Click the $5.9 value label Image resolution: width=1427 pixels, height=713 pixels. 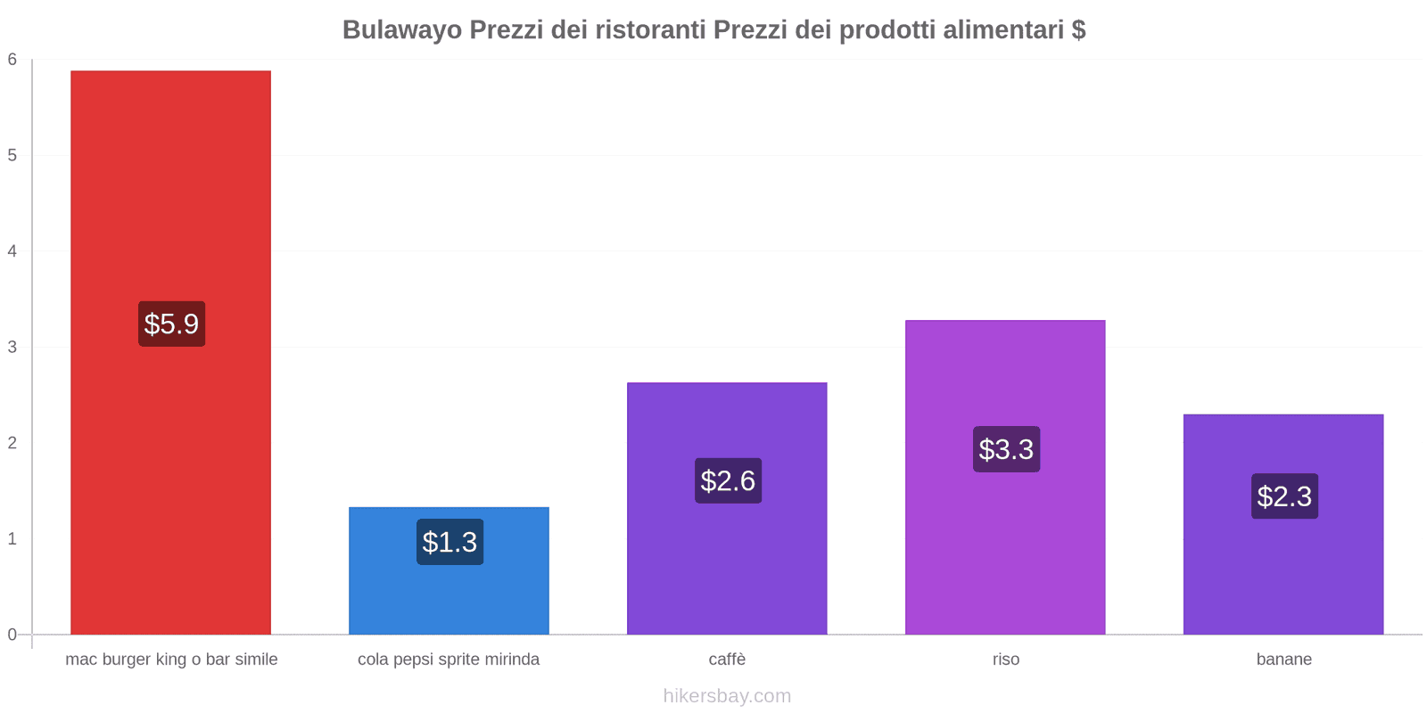(x=171, y=324)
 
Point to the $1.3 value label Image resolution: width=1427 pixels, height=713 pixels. (x=450, y=542)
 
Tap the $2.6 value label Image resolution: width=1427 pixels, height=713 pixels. (x=728, y=480)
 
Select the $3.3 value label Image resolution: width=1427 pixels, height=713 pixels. (x=1006, y=449)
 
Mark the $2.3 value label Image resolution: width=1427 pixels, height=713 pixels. (x=1284, y=496)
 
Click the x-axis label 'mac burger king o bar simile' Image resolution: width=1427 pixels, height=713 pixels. (x=171, y=660)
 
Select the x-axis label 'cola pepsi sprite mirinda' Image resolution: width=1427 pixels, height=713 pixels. (x=449, y=660)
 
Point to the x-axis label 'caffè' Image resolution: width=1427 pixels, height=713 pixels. (x=727, y=660)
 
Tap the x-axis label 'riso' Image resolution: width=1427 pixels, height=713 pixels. (x=1005, y=660)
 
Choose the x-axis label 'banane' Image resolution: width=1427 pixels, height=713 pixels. (x=1283, y=660)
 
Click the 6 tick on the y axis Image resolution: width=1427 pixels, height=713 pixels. (x=12, y=60)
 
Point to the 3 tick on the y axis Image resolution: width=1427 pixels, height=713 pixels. (x=12, y=347)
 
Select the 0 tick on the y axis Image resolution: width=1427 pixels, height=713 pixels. (x=12, y=635)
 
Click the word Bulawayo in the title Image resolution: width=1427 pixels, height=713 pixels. (x=401, y=30)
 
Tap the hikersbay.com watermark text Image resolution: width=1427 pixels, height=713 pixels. (x=727, y=696)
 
